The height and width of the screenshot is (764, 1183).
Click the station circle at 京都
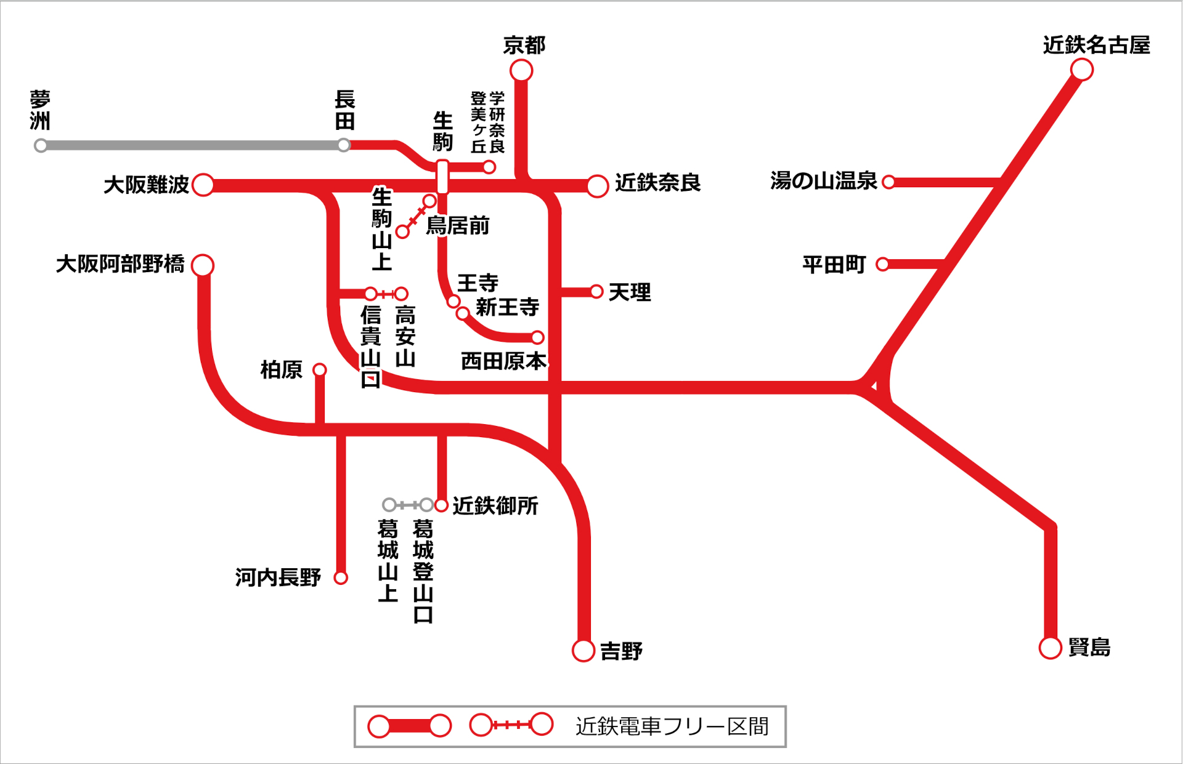pyautogui.click(x=521, y=71)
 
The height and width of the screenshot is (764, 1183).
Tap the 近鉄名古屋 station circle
pyautogui.click(x=1081, y=70)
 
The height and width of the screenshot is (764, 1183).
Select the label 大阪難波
pyautogui.click(x=146, y=184)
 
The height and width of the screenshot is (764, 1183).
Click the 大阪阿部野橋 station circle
pyautogui.click(x=203, y=265)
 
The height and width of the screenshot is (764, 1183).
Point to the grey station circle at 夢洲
pyautogui.click(x=41, y=146)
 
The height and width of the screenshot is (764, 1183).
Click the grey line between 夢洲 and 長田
pyautogui.click(x=191, y=146)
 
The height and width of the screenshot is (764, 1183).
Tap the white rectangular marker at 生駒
pyautogui.click(x=442, y=177)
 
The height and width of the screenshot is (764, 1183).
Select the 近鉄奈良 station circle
pyautogui.click(x=597, y=186)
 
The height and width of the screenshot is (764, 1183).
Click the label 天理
pyautogui.click(x=629, y=292)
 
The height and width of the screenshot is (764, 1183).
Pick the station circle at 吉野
pyautogui.click(x=583, y=650)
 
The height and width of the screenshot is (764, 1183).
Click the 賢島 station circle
pyautogui.click(x=1050, y=648)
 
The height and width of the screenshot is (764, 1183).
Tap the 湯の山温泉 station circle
pyautogui.click(x=888, y=182)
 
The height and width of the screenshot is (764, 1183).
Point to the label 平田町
pyautogui.click(x=834, y=265)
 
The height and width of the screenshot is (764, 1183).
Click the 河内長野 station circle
pyautogui.click(x=341, y=577)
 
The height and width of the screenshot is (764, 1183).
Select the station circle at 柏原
pyautogui.click(x=319, y=369)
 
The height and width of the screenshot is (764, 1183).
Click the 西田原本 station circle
pyautogui.click(x=537, y=337)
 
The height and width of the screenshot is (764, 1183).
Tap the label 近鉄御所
pyautogui.click(x=495, y=505)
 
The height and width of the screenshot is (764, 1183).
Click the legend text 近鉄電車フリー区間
pyautogui.click(x=672, y=726)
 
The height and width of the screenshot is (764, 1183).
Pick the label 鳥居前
pyautogui.click(x=457, y=225)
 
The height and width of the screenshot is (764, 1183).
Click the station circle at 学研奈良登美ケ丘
pyautogui.click(x=489, y=167)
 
